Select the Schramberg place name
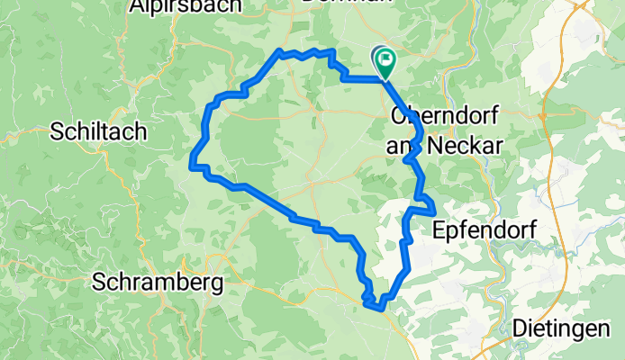159,283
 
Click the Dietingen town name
559,329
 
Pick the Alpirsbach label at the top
186,6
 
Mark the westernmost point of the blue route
191,166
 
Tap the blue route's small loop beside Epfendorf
425,204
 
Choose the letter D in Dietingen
519,329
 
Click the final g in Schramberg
217,285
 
